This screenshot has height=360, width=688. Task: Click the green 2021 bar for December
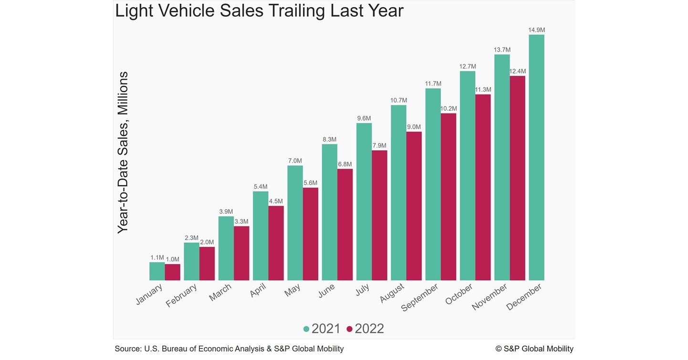tap(536, 157)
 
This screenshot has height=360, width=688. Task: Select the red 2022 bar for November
tap(518, 178)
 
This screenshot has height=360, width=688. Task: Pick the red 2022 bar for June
tap(345, 224)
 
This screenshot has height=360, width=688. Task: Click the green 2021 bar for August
tap(398, 193)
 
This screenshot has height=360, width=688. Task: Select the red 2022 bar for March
tap(241, 253)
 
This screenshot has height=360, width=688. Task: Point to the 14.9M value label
tap(536, 30)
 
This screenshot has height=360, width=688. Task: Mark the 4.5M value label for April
tap(276, 201)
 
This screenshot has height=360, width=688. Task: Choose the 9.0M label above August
tap(414, 127)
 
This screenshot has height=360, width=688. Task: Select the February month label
tap(182, 296)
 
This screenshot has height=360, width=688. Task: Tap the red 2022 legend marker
tap(349, 329)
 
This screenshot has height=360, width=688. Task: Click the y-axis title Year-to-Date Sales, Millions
tap(123, 153)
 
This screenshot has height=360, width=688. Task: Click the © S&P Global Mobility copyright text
tap(534, 349)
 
